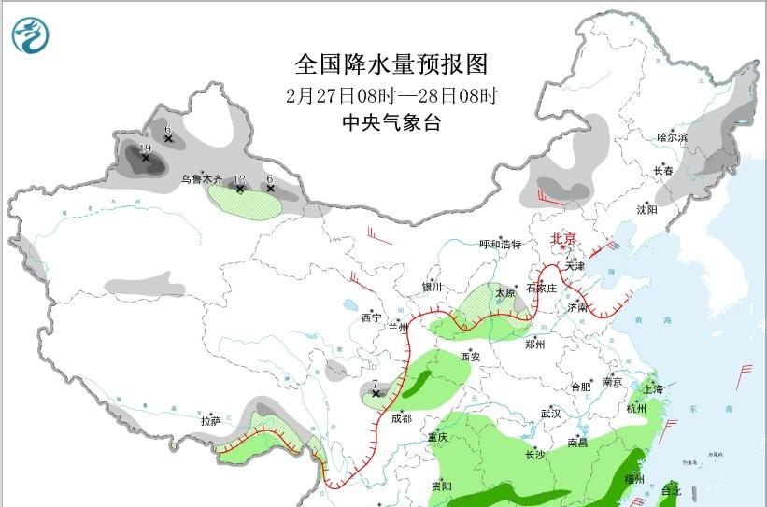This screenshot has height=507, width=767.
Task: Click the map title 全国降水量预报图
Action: [391, 64]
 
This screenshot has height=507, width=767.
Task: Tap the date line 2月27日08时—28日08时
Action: [391, 96]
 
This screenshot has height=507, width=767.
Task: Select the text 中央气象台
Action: [391, 123]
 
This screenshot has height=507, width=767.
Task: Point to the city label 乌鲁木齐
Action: [202, 177]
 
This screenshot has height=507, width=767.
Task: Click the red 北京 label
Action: [564, 238]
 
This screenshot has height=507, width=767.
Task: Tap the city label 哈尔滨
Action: [671, 137]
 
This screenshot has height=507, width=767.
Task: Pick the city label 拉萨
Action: [210, 421]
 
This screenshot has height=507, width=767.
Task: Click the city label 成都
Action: [402, 417]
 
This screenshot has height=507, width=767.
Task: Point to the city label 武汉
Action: [550, 413]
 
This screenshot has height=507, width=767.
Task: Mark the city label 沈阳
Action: [646, 210]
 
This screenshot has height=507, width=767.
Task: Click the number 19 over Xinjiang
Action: [145, 148]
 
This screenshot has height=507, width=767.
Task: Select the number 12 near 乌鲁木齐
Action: [239, 179]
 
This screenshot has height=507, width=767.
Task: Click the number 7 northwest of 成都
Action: [374, 384]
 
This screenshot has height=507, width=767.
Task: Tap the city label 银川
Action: [431, 288]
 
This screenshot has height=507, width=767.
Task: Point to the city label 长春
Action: [663, 171]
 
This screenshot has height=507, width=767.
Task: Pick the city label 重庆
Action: [438, 437]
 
